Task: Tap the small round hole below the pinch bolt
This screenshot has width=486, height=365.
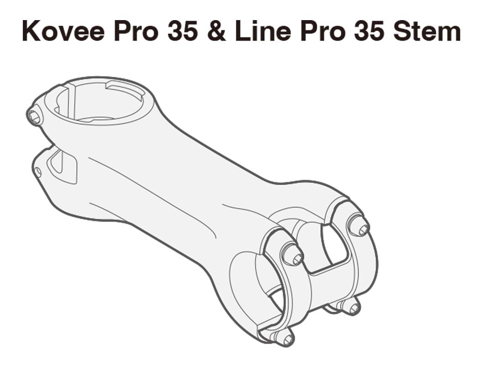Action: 38,172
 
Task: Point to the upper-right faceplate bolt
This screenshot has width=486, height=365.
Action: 359,225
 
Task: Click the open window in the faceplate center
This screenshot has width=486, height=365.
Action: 333,247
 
